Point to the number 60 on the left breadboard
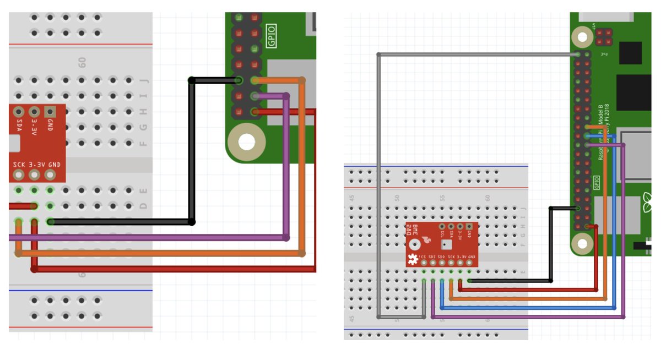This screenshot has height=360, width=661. (83, 63)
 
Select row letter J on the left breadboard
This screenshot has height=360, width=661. (144, 81)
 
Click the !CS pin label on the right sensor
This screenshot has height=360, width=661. (422, 257)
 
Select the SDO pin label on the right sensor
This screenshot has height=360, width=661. (441, 257)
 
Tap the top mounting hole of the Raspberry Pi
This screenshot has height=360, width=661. (579, 37)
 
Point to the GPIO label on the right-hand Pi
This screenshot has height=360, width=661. (597, 181)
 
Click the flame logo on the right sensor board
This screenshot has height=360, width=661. (426, 239)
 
